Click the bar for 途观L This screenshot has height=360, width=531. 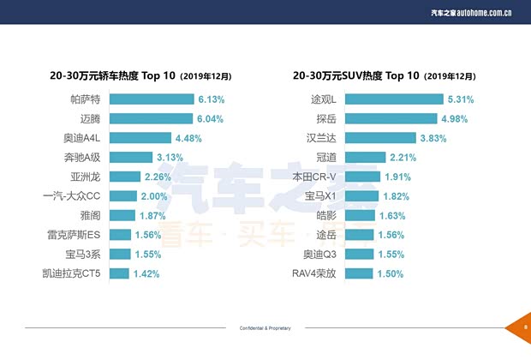[x=387, y=99]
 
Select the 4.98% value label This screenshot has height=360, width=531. [x=456, y=118]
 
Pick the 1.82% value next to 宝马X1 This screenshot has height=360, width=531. [x=398, y=196]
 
